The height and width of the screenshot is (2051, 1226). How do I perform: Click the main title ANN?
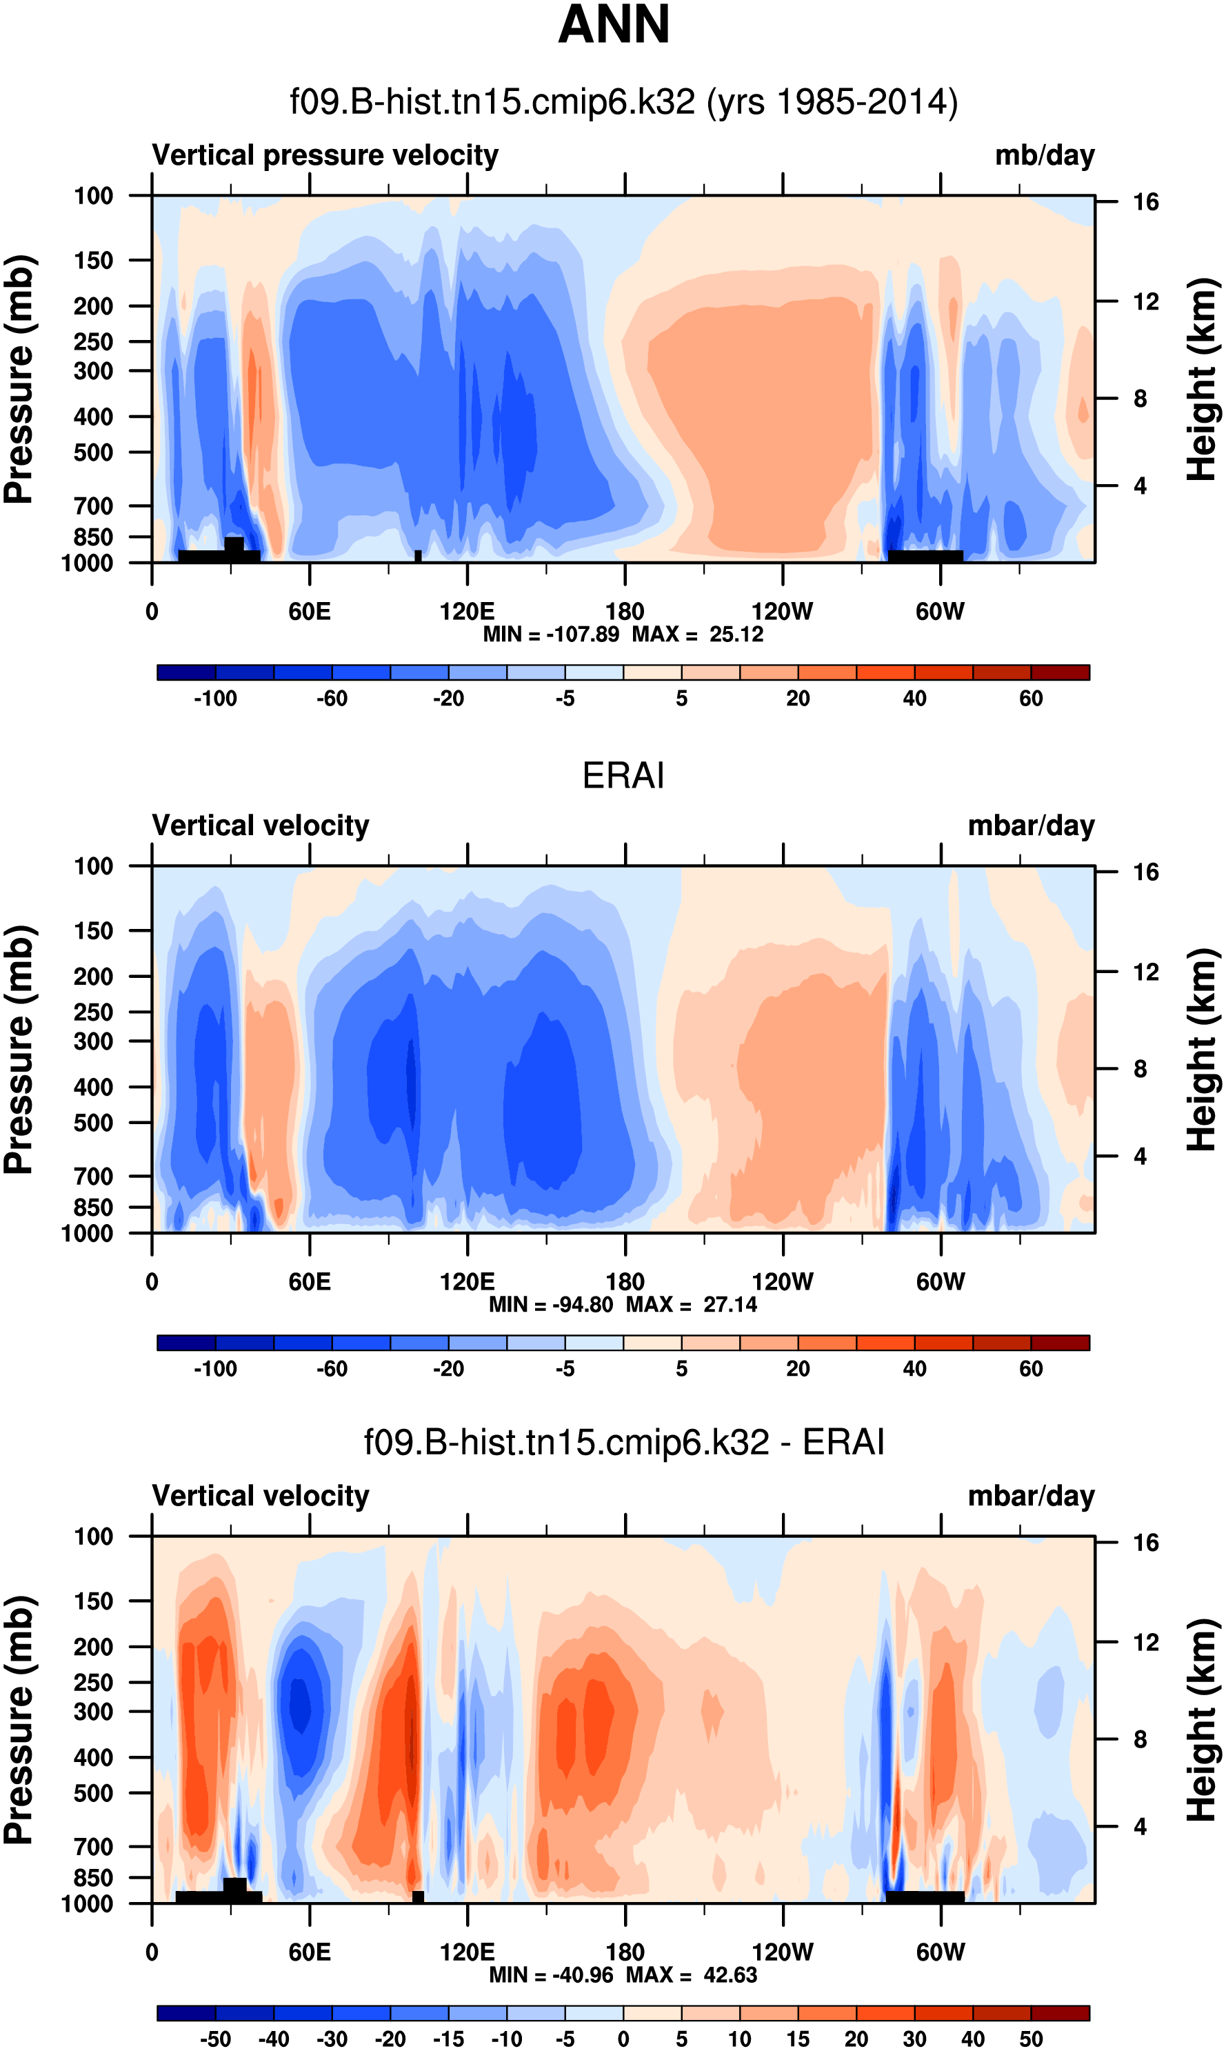tap(613, 25)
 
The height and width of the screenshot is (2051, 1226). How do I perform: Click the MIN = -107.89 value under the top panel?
tap(551, 634)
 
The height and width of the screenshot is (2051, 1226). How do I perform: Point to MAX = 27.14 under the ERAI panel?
tap(692, 1304)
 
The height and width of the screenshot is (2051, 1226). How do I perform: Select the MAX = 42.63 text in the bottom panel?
tap(692, 1974)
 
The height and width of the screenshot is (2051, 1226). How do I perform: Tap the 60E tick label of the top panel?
tap(310, 612)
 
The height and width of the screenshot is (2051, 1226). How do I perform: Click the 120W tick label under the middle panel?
tap(783, 1282)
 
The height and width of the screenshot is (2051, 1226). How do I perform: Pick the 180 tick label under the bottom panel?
tap(625, 1952)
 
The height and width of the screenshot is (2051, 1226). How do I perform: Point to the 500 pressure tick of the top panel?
tap(93, 452)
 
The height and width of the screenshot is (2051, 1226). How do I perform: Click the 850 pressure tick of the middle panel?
tap(93, 1208)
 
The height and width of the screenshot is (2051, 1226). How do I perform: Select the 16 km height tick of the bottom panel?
tap(1145, 1542)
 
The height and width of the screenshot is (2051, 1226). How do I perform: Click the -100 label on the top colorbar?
tap(215, 699)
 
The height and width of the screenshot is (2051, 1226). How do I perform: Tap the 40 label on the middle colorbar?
tap(914, 1369)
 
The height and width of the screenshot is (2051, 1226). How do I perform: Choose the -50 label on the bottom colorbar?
tap(215, 2039)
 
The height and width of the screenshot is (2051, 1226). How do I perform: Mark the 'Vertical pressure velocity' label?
tap(325, 155)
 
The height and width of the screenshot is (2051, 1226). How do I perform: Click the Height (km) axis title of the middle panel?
tap(1202, 1049)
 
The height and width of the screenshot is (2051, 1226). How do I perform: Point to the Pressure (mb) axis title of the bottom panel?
tap(18, 1720)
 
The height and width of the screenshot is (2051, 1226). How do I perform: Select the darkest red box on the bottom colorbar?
tap(1060, 2012)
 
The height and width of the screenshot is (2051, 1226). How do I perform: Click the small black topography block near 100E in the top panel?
tap(418, 556)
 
